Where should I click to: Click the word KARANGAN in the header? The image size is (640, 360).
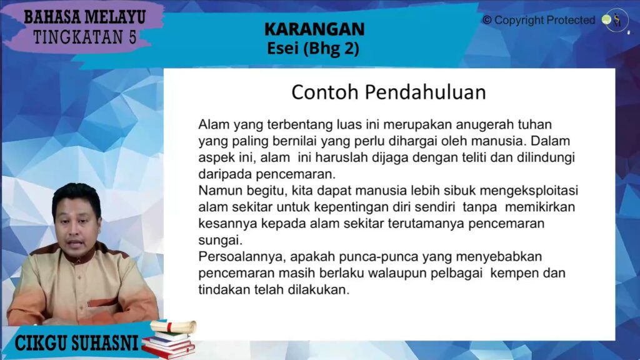[x=314, y=29]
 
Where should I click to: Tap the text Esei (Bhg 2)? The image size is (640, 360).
[x=313, y=49]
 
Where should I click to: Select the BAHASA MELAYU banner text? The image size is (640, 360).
[x=85, y=17]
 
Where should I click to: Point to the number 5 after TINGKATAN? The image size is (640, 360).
[x=132, y=37]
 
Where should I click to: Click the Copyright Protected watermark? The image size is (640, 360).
[x=539, y=20]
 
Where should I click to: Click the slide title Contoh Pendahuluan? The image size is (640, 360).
[x=389, y=92]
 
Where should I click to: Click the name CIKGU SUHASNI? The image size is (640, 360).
[x=76, y=343]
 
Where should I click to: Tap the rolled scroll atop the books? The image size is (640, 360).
[x=174, y=326]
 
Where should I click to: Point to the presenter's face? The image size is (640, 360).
[x=77, y=229]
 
